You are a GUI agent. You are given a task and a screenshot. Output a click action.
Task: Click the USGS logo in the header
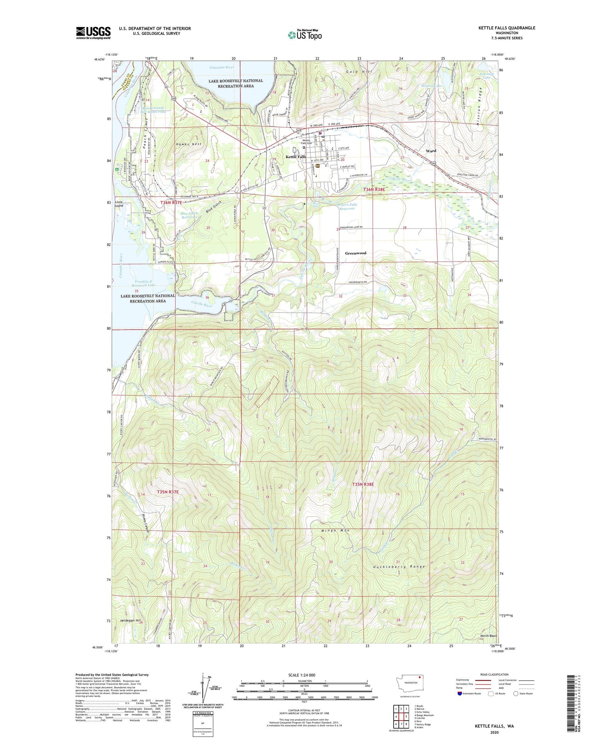click(x=93, y=33)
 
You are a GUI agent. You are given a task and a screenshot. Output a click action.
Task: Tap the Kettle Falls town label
click(x=295, y=157)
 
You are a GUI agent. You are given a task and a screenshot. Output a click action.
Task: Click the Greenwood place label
click(x=355, y=253)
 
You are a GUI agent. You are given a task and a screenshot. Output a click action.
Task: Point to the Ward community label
click(x=431, y=151)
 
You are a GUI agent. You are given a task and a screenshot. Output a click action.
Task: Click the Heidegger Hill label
click(x=130, y=620)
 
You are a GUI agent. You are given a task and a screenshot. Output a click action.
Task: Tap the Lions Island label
click(x=119, y=204)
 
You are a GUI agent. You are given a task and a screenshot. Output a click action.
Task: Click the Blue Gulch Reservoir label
click(x=189, y=215)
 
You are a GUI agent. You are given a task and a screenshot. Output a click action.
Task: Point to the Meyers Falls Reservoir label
click(x=347, y=206)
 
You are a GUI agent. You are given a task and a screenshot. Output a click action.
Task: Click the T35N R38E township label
click(x=363, y=484)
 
